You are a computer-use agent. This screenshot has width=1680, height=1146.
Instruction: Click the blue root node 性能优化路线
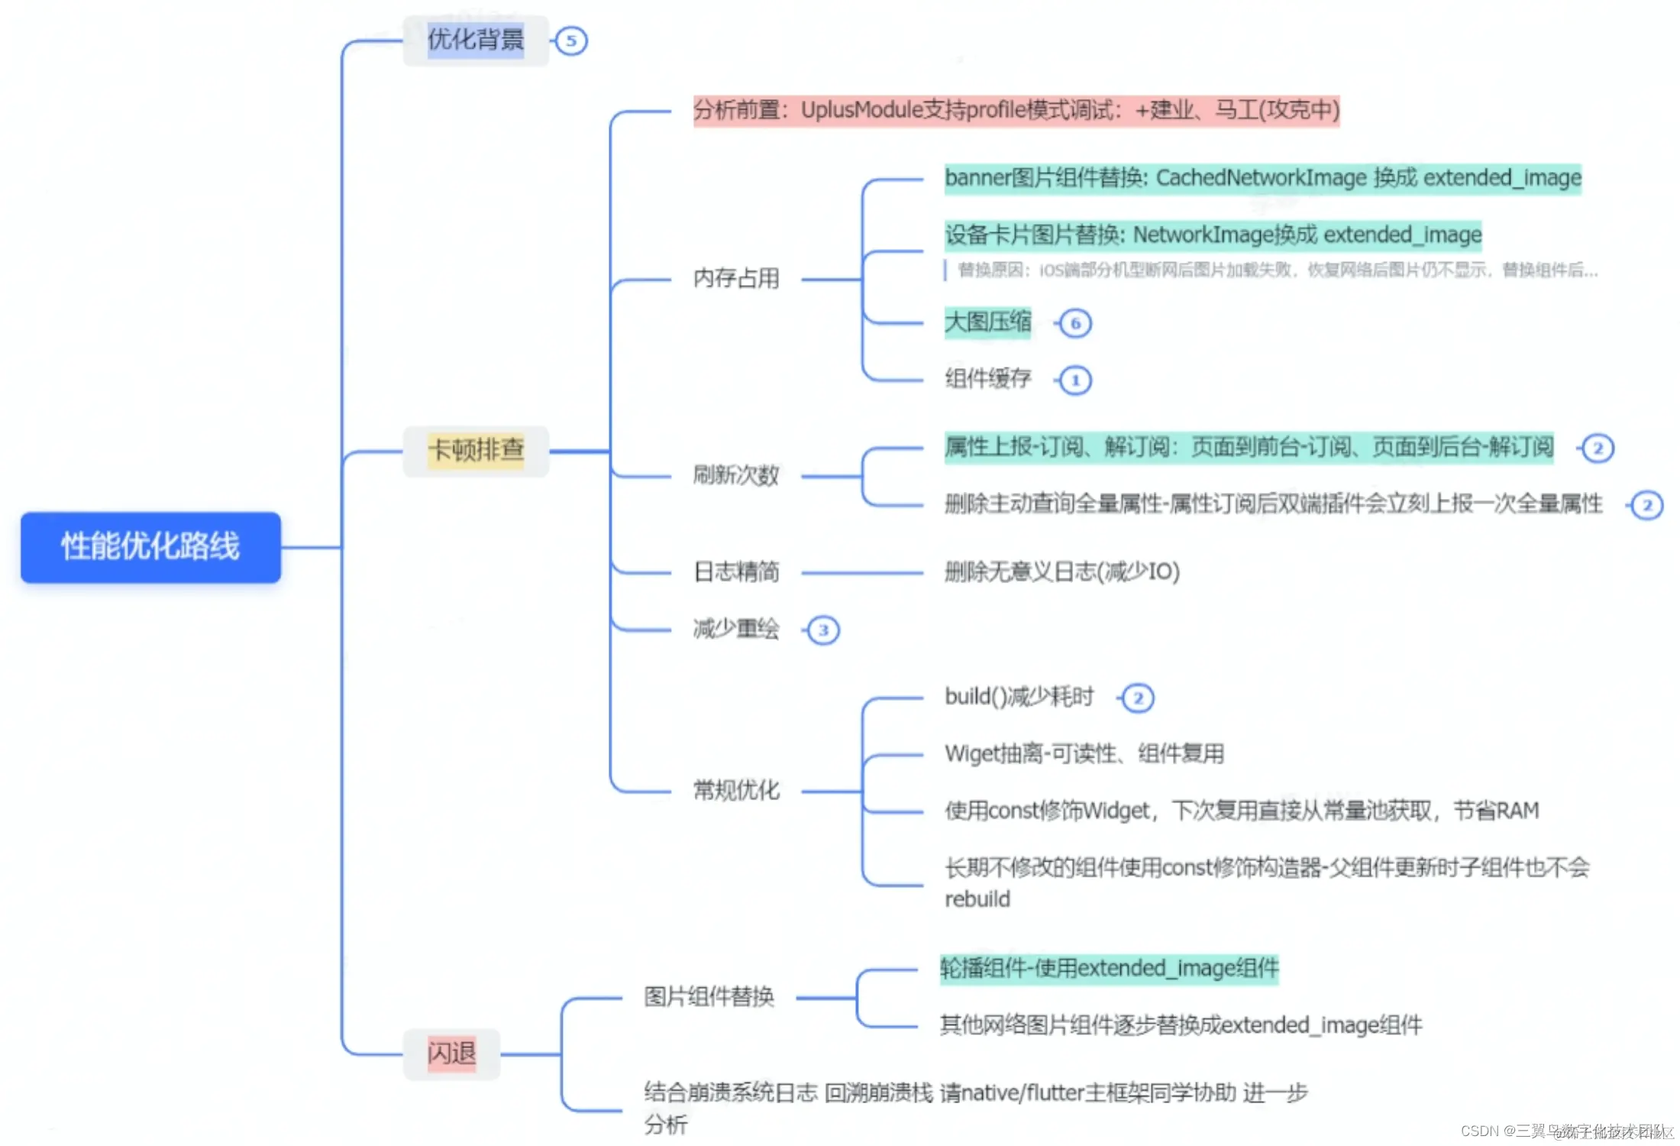pos(150,547)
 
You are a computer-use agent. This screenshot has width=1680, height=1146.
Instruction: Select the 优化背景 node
pos(475,40)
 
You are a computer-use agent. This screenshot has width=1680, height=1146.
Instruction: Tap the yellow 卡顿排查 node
pos(475,450)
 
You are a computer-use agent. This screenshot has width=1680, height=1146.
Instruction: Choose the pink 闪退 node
pos(451,1054)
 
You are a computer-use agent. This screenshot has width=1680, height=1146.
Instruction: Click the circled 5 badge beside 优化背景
pos(571,41)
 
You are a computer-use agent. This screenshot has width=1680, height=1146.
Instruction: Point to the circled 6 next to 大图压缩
pos(1075,323)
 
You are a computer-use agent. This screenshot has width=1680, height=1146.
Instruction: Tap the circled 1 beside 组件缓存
pos(1075,380)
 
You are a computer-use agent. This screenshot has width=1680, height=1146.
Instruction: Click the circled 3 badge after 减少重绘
pos(823,630)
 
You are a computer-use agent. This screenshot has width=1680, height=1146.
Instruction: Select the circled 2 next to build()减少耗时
pos(1138,698)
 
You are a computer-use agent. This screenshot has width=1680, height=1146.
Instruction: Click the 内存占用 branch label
pos(736,278)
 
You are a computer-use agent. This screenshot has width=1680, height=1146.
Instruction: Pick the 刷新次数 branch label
pos(736,475)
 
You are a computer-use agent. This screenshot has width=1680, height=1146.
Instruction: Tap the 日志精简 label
pos(736,571)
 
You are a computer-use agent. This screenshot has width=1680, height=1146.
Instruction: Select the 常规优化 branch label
pos(736,790)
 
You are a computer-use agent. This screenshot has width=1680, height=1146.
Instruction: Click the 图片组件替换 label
pos(709,996)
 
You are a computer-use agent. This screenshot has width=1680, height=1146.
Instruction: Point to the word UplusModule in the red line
pos(861,110)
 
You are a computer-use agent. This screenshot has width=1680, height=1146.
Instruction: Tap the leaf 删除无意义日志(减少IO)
pos(1061,571)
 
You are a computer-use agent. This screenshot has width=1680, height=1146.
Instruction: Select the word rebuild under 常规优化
pos(977,899)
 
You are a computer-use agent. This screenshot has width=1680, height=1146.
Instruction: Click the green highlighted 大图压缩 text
pos(987,322)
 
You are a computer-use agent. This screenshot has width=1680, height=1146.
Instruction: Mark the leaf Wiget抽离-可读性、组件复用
pos(1084,754)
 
